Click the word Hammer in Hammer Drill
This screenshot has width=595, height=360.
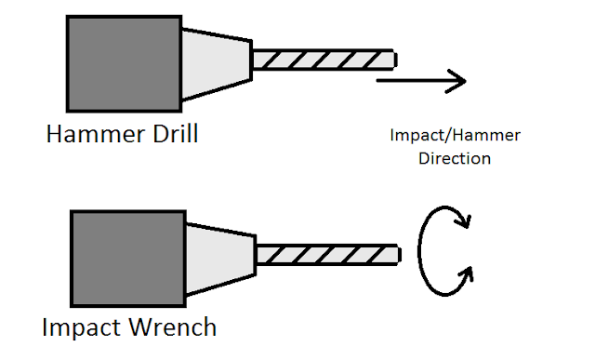coord(96,134)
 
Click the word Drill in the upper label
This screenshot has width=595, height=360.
coord(176,134)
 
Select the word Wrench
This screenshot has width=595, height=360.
coord(173,327)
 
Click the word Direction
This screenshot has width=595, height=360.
coord(455,158)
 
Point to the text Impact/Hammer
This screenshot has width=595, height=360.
coord(455,136)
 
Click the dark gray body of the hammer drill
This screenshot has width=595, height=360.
coord(124,64)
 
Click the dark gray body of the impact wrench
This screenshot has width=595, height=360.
coord(128,259)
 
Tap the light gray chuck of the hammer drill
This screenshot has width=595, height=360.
coord(217,64)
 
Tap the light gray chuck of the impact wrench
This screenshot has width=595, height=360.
coord(221,259)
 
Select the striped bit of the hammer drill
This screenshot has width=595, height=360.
coord(324,60)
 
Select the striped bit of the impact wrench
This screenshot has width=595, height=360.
coord(328,255)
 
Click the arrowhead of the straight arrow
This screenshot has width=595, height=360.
coord(456,81)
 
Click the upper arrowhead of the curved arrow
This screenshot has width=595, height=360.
coord(464,221)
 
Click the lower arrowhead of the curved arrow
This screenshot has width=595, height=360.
coord(466,274)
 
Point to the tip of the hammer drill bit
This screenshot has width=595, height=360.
coord(396,60)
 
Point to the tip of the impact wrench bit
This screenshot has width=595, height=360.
coord(401,255)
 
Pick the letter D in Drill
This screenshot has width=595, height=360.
coord(161,134)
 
